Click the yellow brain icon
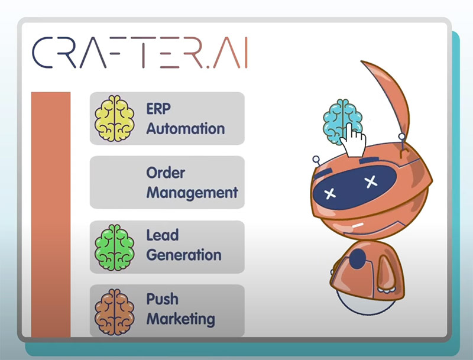click(x=114, y=118)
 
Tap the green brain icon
click(x=114, y=247)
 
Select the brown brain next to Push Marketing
click(x=114, y=312)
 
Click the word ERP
click(x=158, y=109)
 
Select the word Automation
click(x=186, y=129)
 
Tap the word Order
click(x=166, y=173)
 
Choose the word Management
click(x=192, y=193)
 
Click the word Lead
click(x=162, y=235)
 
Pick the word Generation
click(x=184, y=255)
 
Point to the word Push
click(x=162, y=299)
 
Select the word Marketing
click(x=181, y=319)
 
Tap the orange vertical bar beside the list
click(x=51, y=215)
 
